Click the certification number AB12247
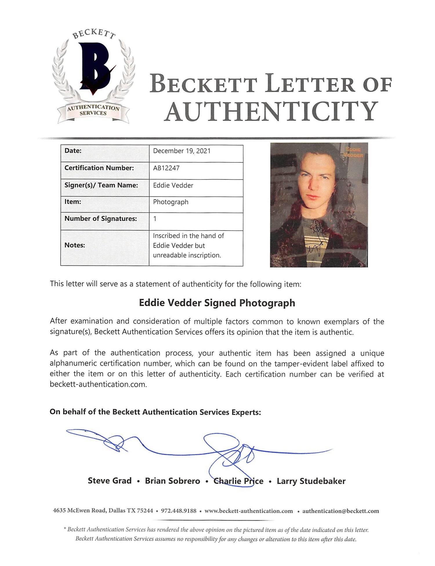166,168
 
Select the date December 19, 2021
182,151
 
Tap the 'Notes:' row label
75,245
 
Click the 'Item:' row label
73,202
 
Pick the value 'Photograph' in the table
171,202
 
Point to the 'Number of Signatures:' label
101,219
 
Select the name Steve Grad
110,481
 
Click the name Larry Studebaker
311,481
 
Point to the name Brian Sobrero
173,481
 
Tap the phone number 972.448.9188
179,511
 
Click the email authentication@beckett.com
340,511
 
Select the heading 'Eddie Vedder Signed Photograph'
217,303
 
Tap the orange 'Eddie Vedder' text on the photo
353,152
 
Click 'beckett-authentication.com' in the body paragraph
98,384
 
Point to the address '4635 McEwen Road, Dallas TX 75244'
103,511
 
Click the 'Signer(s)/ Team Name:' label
101,185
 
